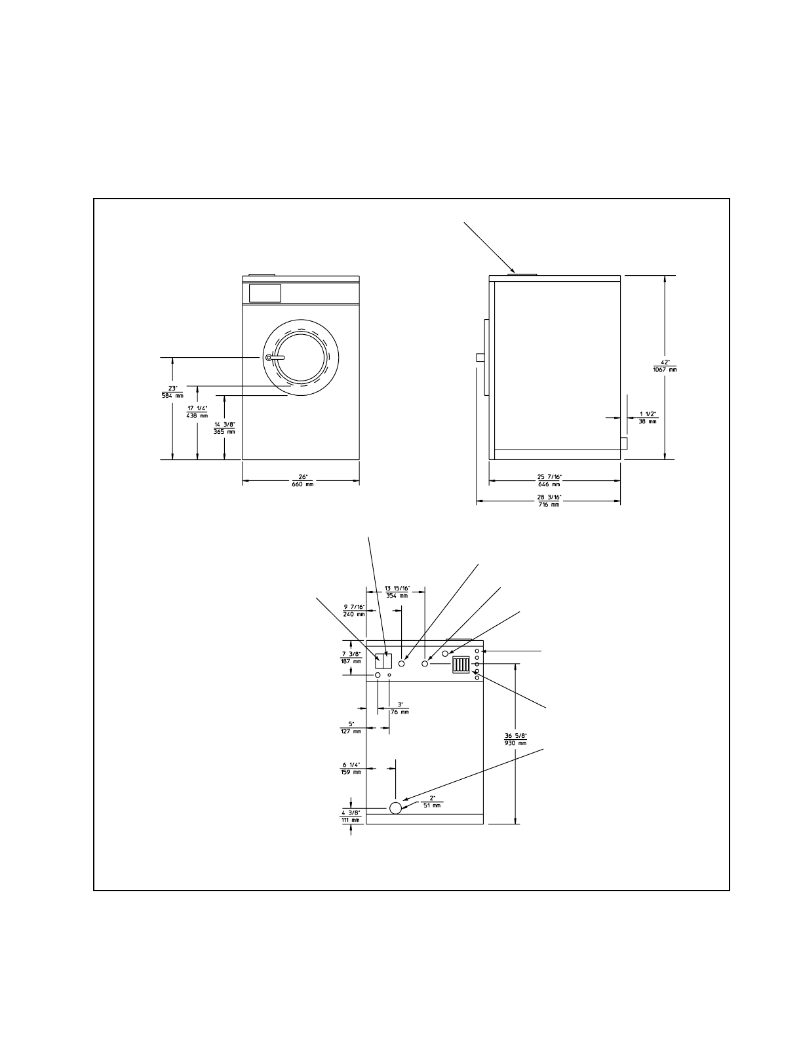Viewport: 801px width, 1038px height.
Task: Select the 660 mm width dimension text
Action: [x=303, y=485]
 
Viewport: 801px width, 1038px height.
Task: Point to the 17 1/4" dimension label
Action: [x=197, y=408]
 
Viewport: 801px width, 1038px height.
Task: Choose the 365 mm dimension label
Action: [x=224, y=432]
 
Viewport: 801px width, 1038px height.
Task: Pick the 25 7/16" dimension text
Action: [x=549, y=476]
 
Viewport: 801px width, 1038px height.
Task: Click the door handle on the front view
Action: [x=275, y=357]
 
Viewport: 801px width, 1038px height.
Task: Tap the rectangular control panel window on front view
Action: [x=265, y=293]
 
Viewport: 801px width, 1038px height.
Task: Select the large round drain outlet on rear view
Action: [x=395, y=807]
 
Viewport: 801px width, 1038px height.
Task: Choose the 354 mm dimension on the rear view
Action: [x=396, y=596]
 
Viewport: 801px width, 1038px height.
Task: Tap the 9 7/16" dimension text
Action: [x=353, y=607]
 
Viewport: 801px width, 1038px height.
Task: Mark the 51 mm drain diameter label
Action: [x=432, y=805]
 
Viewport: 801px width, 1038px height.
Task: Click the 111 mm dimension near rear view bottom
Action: [x=351, y=820]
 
